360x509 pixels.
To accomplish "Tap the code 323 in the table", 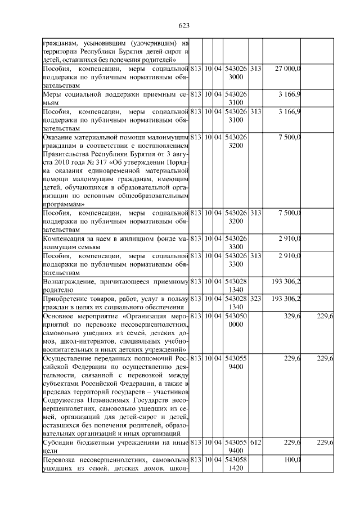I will (x=255, y=298).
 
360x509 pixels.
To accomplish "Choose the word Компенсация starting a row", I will (x=66, y=239).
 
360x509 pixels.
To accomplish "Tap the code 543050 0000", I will (x=236, y=321).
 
